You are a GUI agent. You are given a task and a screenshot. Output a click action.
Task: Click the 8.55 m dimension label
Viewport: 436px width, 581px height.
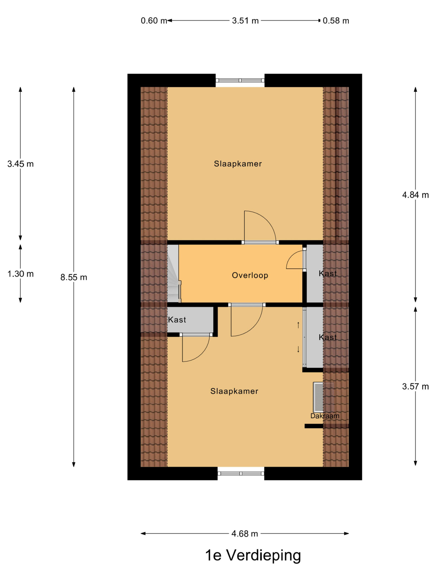click(x=74, y=277)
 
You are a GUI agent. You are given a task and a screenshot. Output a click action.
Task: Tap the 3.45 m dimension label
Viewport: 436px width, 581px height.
click(x=20, y=164)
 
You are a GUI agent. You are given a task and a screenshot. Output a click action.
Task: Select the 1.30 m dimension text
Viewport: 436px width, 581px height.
click(x=20, y=274)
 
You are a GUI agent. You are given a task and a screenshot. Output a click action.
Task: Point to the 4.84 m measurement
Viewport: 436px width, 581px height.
click(x=416, y=195)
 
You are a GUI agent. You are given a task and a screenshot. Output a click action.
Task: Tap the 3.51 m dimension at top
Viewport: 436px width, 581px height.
click(x=245, y=20)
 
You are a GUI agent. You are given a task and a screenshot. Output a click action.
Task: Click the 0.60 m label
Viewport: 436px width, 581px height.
click(x=154, y=20)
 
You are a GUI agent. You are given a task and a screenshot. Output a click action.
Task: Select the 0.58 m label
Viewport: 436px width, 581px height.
click(x=336, y=20)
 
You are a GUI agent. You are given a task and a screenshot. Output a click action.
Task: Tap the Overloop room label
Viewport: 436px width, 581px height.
click(x=250, y=275)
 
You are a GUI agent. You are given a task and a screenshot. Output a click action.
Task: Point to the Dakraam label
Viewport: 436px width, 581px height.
click(x=325, y=416)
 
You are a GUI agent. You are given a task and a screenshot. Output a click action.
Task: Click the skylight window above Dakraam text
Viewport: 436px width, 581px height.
click(x=324, y=397)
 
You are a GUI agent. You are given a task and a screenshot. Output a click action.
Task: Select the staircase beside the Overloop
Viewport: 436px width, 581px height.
click(x=174, y=273)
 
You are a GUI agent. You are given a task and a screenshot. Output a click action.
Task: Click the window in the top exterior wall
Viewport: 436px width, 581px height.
click(x=240, y=80)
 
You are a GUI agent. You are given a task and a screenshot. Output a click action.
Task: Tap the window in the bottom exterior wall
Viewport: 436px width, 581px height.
click(x=241, y=473)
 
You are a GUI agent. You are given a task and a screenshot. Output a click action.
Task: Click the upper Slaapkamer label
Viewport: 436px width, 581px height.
click(x=238, y=164)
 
